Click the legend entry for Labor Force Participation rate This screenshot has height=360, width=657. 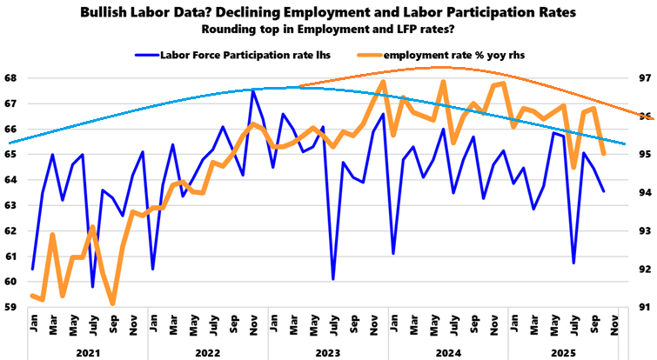(x=228, y=54)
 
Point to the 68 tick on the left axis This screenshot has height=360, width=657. (x=10, y=77)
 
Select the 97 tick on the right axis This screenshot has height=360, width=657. (x=643, y=77)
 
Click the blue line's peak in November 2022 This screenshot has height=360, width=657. (x=252, y=90)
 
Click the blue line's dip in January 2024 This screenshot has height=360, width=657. (x=393, y=253)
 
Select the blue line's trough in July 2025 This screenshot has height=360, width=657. (x=573, y=263)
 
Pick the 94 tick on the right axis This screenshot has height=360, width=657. (x=643, y=192)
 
